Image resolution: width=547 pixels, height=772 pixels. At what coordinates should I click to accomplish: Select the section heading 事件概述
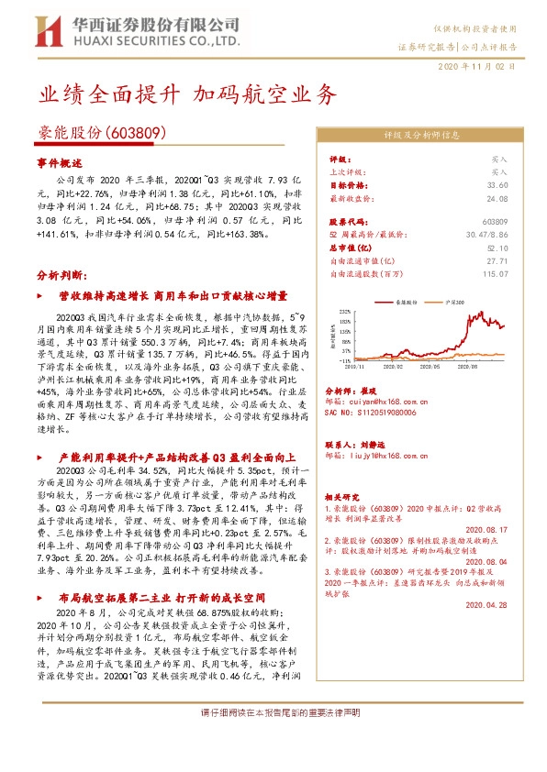tap(61, 160)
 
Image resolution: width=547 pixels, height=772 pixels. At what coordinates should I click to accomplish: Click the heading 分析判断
tap(61, 274)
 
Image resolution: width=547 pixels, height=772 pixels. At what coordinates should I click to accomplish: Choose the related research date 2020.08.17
tap(486, 529)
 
